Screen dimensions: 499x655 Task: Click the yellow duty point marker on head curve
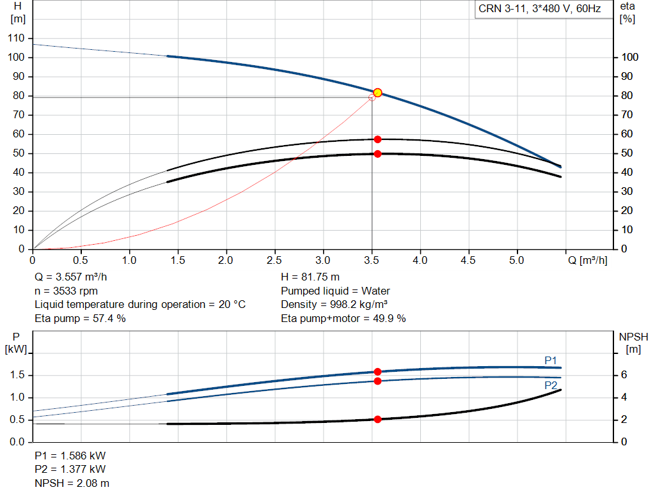pos(377,93)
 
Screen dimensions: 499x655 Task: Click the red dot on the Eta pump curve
pos(377,139)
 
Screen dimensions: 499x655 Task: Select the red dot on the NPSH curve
pos(377,419)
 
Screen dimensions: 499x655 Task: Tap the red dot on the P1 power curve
pos(377,372)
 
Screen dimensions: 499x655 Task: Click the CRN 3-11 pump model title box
pos(540,10)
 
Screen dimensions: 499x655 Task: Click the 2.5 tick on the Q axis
pos(274,261)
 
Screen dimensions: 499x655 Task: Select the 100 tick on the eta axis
pos(630,58)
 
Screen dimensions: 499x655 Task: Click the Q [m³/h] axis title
pos(587,261)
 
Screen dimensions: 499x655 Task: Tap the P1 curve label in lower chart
pos(551,361)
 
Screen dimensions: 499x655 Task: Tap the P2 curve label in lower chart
pos(551,385)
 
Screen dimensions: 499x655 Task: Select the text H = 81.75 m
pos(310,278)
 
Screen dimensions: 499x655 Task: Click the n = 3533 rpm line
pos(67,291)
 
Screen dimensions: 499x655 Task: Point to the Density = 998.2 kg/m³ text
pos(336,305)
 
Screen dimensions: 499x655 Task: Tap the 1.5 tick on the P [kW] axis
pos(17,375)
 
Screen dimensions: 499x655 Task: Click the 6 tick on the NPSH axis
pos(626,375)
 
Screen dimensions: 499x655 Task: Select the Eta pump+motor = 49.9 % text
pos(343,318)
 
